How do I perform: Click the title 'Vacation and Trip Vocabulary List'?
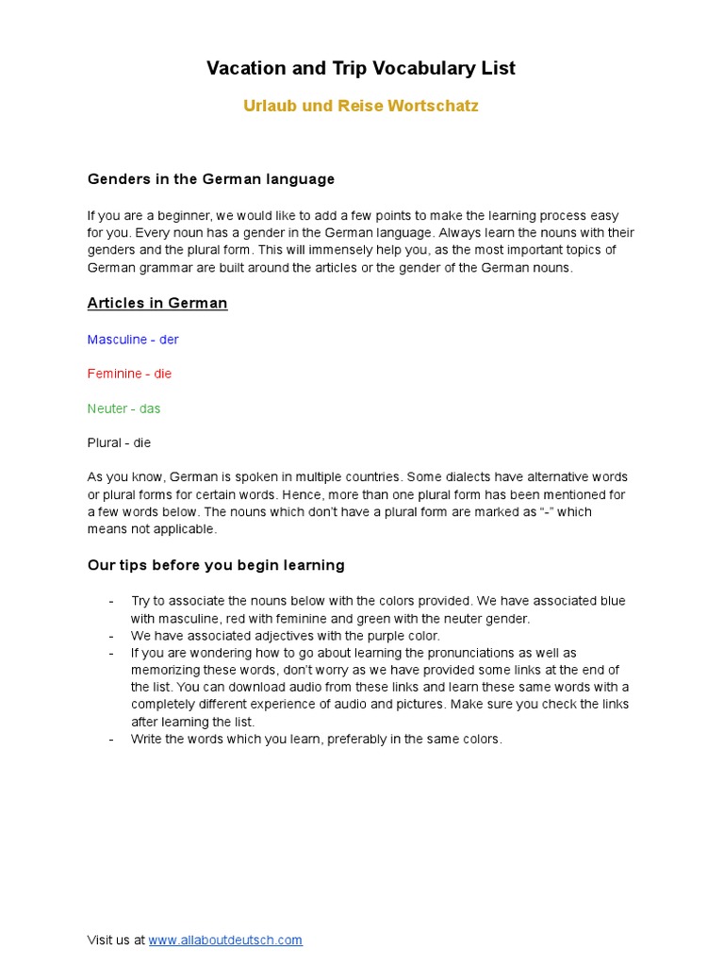[x=361, y=69]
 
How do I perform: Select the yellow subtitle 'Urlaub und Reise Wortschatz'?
[x=361, y=106]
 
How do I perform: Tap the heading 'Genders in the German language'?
[x=211, y=179]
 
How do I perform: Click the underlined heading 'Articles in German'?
[x=157, y=304]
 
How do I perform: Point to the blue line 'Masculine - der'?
[x=133, y=340]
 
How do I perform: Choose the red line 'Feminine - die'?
[x=130, y=374]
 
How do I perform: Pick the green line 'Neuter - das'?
[x=124, y=408]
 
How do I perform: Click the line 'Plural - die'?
[x=119, y=442]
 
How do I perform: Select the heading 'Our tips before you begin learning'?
[x=216, y=565]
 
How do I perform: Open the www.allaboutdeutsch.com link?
[x=225, y=940]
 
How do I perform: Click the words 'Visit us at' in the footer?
[x=116, y=940]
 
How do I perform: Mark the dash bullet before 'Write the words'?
[x=111, y=740]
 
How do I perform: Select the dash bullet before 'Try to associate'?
[x=111, y=601]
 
